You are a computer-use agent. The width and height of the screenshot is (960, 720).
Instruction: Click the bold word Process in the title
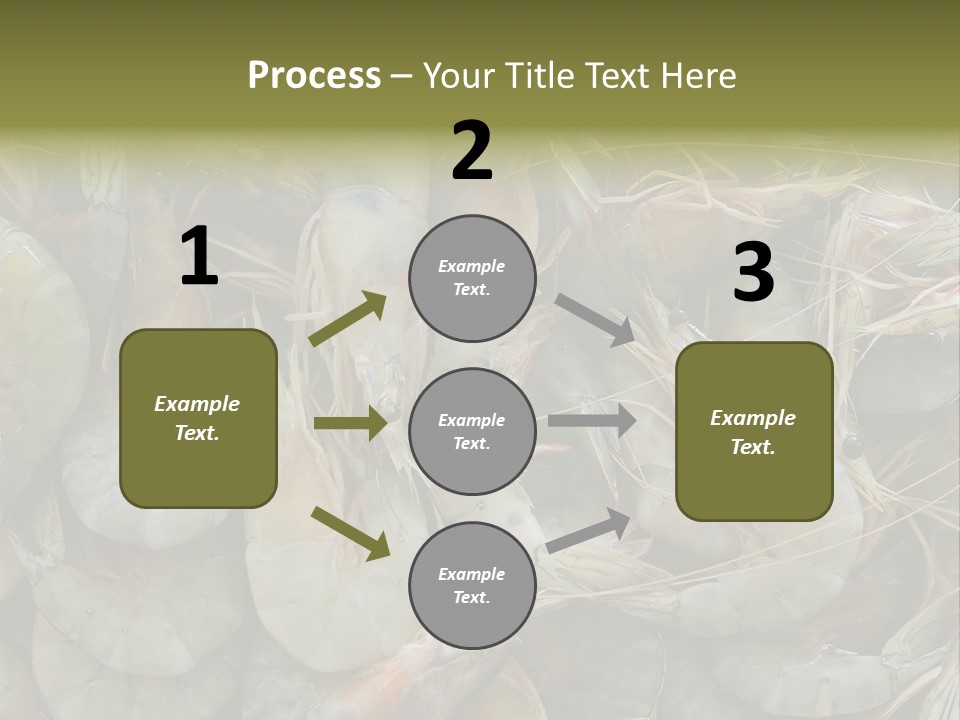(x=314, y=76)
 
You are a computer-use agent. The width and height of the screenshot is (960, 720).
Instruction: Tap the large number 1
(x=199, y=258)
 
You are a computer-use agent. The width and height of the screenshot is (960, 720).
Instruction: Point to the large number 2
(x=472, y=151)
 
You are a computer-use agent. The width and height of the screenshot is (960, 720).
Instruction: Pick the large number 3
(x=753, y=273)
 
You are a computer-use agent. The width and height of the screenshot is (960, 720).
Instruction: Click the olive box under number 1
(x=198, y=418)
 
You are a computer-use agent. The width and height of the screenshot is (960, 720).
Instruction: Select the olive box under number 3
(x=754, y=432)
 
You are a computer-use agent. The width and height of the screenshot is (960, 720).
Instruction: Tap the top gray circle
(x=472, y=278)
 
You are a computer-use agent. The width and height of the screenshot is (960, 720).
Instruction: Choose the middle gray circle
(x=472, y=432)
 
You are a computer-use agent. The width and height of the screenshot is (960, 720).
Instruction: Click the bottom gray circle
(x=472, y=586)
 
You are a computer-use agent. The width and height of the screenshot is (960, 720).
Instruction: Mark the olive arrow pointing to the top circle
(x=348, y=319)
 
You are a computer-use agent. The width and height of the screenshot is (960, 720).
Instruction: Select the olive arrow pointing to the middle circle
(x=350, y=424)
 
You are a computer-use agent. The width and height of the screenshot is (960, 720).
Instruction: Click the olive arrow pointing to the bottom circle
(x=351, y=531)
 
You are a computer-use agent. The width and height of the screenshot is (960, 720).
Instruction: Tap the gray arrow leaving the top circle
(x=596, y=320)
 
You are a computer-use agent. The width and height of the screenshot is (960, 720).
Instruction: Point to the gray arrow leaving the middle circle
(x=592, y=420)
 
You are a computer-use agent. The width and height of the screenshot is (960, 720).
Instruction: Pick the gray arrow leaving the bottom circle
(x=589, y=530)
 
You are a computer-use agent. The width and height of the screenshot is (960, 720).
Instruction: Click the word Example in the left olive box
(x=197, y=404)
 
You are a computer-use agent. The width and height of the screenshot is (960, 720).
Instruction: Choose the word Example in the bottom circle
(x=472, y=574)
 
